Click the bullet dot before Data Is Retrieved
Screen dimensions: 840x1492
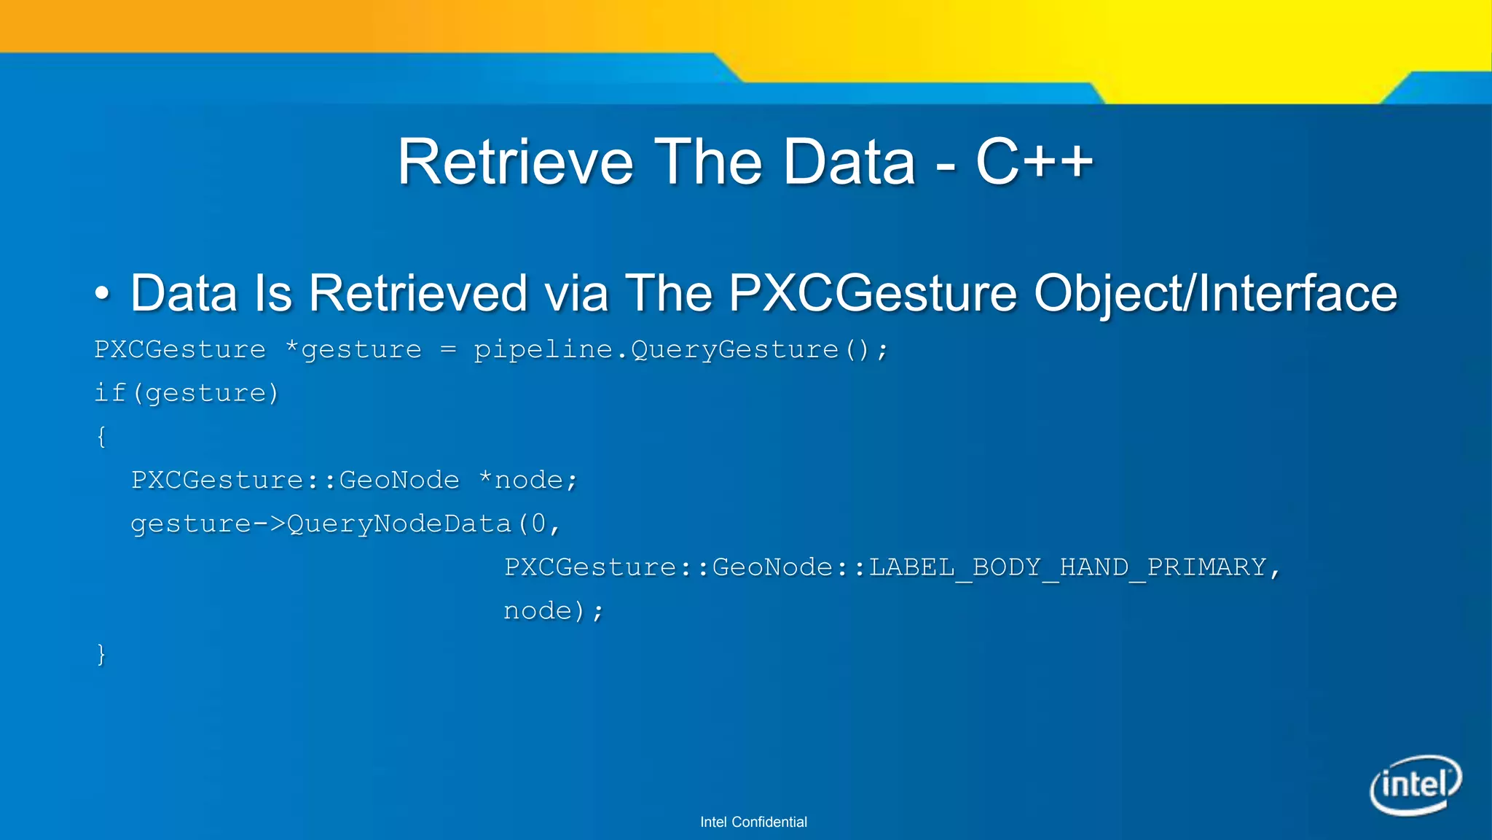102,294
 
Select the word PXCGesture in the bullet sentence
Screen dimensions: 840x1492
872,294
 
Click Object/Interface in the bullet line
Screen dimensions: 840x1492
1215,294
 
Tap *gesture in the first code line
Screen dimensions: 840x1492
353,350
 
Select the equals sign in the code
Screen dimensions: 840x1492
448,350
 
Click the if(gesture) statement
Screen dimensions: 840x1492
186,394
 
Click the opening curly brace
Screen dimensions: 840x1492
101,437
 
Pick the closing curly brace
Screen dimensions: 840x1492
101,654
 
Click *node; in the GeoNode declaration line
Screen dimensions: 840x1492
528,481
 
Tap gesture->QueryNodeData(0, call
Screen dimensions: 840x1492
345,524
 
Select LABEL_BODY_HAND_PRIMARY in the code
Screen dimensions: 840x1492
1068,567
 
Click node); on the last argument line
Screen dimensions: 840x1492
553,611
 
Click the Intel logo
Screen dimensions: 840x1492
1416,785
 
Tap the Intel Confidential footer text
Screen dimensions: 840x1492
753,822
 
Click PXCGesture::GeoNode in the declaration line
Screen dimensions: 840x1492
295,481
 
